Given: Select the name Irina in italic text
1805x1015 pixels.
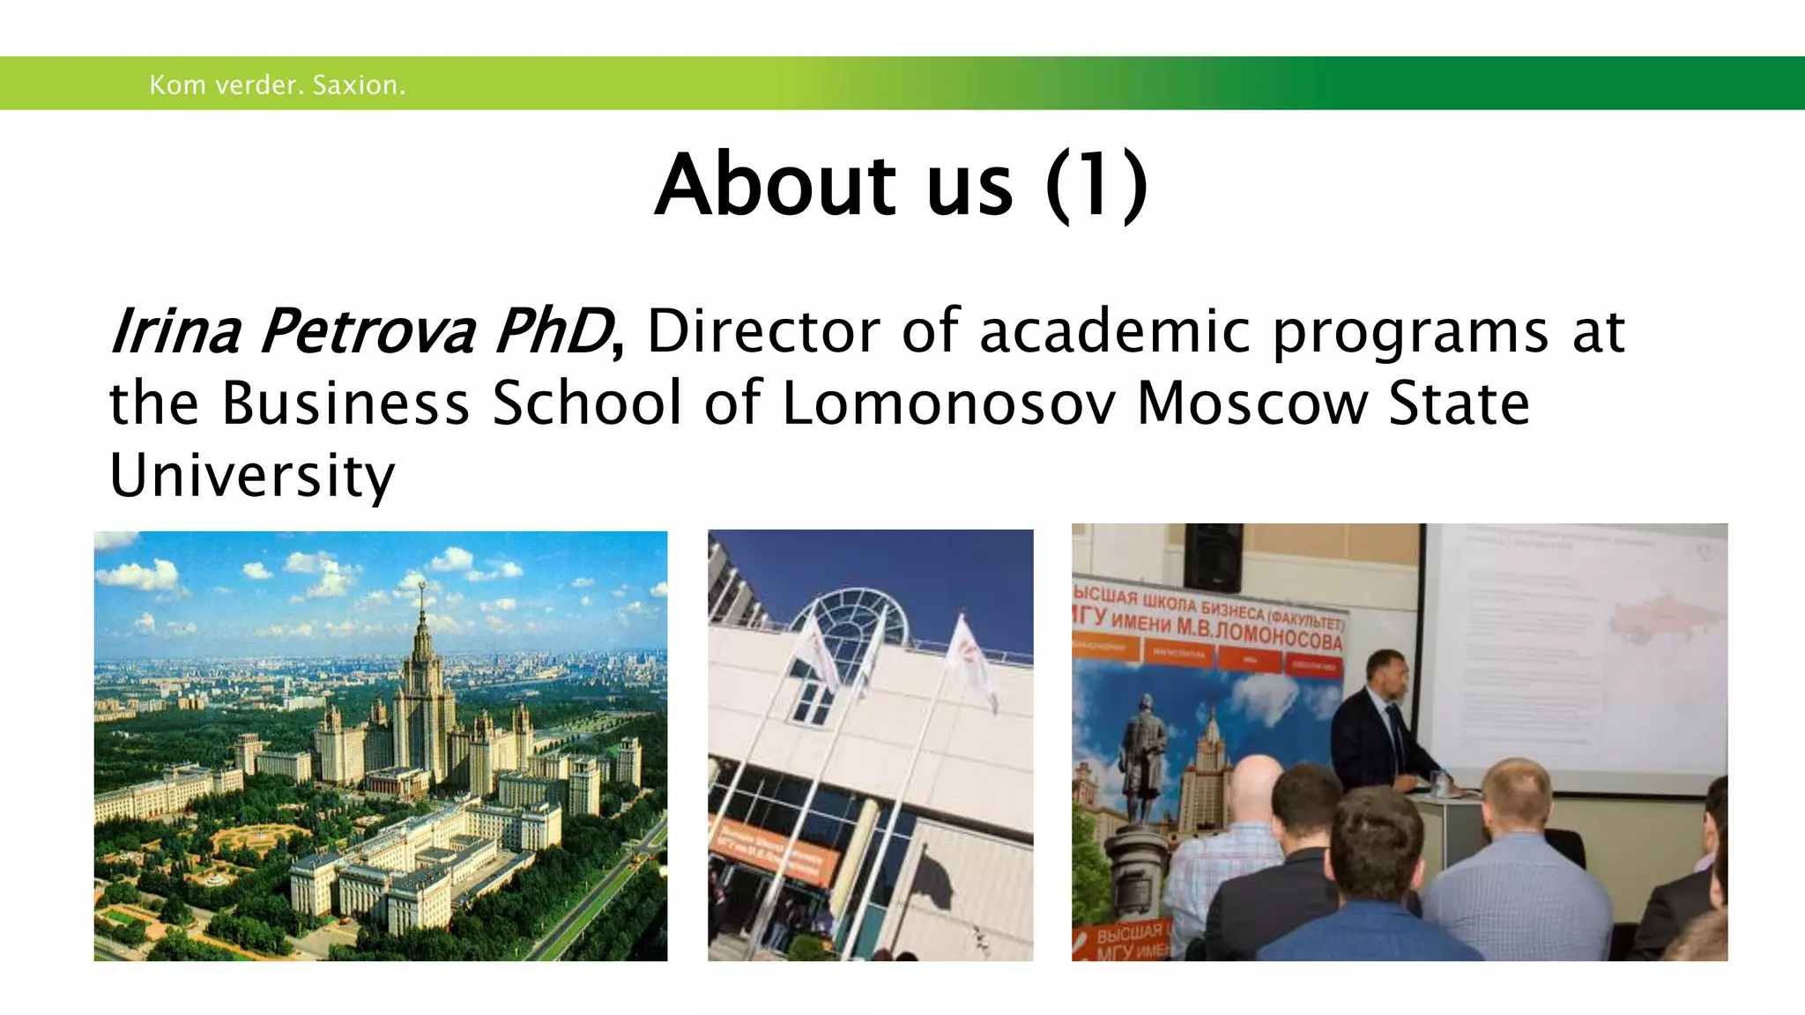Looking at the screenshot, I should click(x=175, y=332).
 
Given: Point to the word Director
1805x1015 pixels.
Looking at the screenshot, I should click(x=763, y=332).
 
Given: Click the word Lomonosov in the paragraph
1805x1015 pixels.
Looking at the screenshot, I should click(x=948, y=404).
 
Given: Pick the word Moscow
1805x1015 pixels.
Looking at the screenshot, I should click(x=1252, y=404).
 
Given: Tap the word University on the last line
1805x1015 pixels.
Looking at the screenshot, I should click(x=252, y=476).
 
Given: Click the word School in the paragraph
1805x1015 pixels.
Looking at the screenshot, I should click(x=587, y=404).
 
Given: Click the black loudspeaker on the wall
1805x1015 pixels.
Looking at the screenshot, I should click(x=1213, y=557).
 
